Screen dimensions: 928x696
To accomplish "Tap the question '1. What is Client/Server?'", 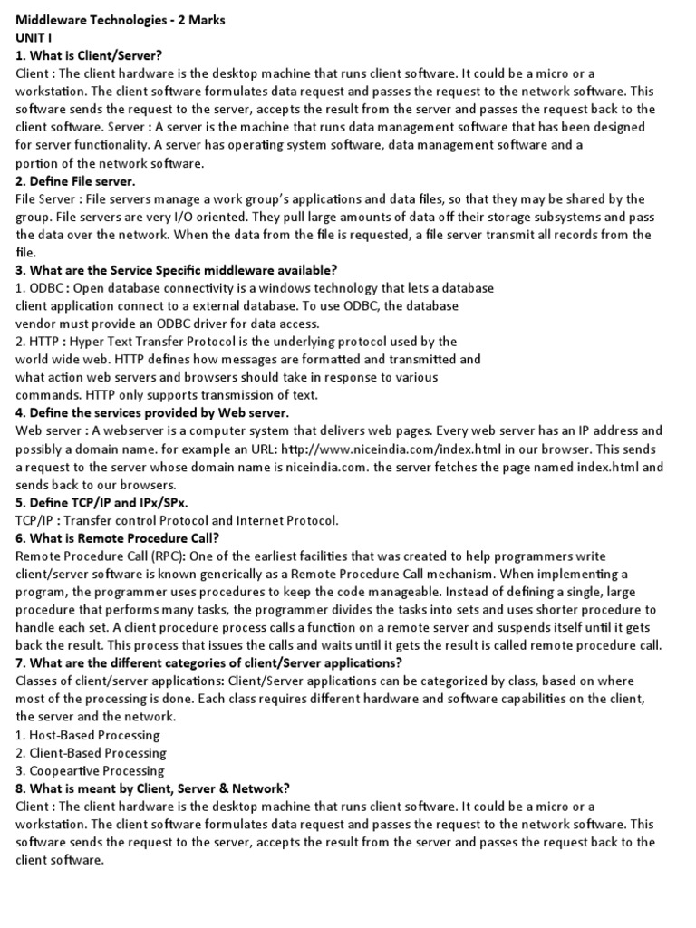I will coord(89,55).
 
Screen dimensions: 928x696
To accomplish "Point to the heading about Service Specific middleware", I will coord(176,270).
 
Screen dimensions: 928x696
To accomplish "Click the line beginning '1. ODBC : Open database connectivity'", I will coord(255,288).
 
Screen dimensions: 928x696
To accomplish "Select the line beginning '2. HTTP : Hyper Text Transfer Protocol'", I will coord(236,342).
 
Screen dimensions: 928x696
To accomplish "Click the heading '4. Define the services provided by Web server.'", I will coord(152,413).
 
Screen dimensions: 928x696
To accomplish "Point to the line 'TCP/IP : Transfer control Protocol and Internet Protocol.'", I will coord(177,520).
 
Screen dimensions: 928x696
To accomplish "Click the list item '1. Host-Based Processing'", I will coord(88,735).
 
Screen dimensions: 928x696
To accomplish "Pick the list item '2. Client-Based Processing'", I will coord(91,752).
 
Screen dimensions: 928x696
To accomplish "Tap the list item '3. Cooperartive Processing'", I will coord(90,770).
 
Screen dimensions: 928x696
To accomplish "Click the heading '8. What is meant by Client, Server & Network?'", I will coord(152,788).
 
